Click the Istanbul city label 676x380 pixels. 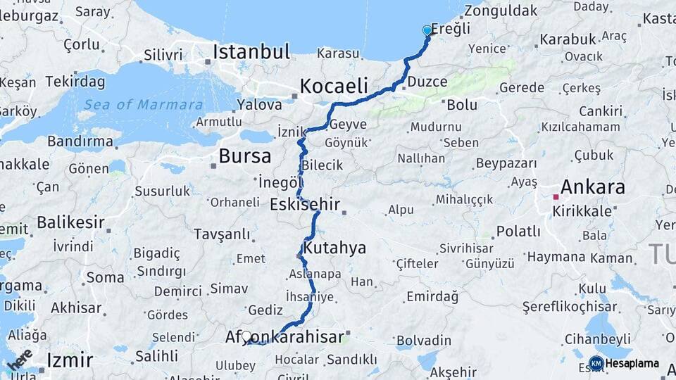click(x=251, y=52)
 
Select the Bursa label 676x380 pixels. click(x=244, y=156)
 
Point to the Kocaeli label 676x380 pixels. click(x=334, y=87)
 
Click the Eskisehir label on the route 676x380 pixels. click(x=305, y=205)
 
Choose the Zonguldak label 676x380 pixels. click(x=501, y=11)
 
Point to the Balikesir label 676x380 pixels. click(x=70, y=223)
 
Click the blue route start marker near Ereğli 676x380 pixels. click(x=427, y=30)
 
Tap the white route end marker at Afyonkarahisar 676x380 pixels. click(x=246, y=336)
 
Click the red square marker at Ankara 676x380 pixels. click(x=556, y=197)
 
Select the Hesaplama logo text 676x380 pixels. click(x=632, y=364)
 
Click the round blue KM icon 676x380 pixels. click(x=596, y=364)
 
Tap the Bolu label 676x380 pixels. click(x=462, y=105)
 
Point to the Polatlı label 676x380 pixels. click(x=518, y=232)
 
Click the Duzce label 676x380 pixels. click(x=427, y=82)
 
